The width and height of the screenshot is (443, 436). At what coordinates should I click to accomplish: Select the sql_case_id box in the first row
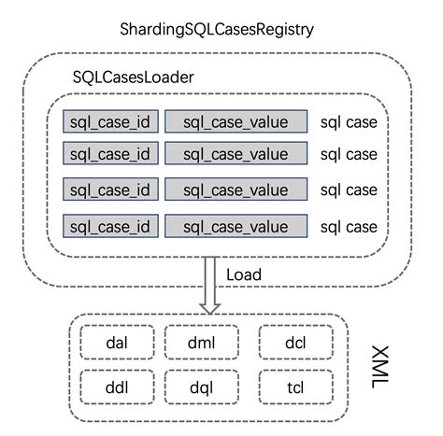coord(109,120)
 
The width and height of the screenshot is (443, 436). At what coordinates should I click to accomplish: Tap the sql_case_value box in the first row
coord(236,120)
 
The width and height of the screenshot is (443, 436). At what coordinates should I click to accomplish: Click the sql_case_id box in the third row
coord(109,190)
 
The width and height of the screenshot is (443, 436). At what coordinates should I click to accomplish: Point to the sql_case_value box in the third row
coord(236,190)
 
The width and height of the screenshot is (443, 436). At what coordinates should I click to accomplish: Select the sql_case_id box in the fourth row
coord(109,226)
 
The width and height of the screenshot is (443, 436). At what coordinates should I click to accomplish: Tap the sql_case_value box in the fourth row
coord(236,226)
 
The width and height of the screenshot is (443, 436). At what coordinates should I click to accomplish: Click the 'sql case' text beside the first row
coord(349,120)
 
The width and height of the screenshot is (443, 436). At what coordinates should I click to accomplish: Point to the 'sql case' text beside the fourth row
coord(349,226)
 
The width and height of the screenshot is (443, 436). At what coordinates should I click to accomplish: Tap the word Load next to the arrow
coord(244,274)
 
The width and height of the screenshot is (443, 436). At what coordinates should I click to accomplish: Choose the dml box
coord(200,342)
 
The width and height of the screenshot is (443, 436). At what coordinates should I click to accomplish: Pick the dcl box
coord(296,342)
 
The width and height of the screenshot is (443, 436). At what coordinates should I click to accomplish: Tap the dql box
coord(200,385)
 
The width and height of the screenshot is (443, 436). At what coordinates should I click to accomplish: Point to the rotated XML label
coord(379,364)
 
